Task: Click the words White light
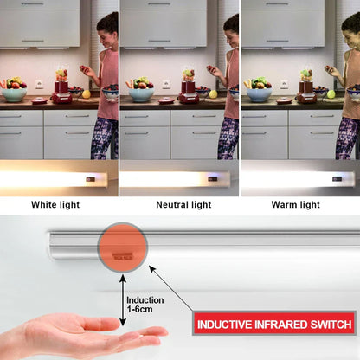[x=56, y=205]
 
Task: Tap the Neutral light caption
[x=183, y=205]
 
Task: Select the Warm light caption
[x=296, y=205]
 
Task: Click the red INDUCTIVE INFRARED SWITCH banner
[x=273, y=325]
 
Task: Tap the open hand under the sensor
[x=82, y=336]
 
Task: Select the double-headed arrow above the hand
[x=123, y=299]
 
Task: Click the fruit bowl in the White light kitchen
[x=14, y=90]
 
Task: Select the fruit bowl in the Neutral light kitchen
[x=140, y=90]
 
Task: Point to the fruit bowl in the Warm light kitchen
[x=258, y=90]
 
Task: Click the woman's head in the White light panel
[x=107, y=25]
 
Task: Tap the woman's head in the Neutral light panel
[x=231, y=25]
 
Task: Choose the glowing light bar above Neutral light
[x=175, y=179]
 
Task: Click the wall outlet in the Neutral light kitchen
[x=165, y=84]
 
